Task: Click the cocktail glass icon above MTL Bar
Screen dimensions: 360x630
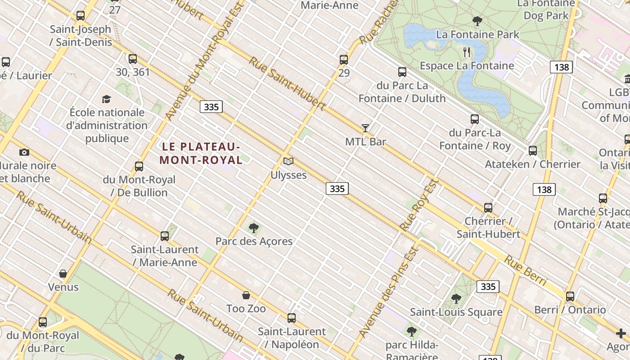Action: coord(365,128)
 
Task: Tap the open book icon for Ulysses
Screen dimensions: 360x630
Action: coord(288,161)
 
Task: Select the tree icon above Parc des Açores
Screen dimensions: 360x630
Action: coord(254,228)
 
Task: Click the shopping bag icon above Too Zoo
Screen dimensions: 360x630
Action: coord(246,295)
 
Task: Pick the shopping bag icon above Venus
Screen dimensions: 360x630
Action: coord(63,274)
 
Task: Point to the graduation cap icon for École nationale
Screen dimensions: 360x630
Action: coord(106,99)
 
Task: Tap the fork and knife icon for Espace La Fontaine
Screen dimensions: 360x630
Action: coord(467,52)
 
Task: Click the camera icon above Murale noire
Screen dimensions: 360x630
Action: coord(24,152)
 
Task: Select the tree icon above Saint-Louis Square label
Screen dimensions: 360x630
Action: coord(456,298)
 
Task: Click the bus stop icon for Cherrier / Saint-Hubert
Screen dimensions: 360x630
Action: coord(488,207)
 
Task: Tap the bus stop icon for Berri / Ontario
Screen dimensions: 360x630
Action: coord(570,296)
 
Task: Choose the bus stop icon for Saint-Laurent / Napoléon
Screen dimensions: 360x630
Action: coord(292,318)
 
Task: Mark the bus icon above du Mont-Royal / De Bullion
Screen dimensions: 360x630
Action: coord(139,166)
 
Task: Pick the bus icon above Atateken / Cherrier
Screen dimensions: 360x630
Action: coord(533,150)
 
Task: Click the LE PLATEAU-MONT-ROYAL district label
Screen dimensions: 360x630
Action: coord(201,153)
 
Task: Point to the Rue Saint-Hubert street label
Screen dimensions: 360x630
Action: coord(287,83)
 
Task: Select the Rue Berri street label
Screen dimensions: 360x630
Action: coord(525,270)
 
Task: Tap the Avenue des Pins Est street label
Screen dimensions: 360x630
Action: coord(389,292)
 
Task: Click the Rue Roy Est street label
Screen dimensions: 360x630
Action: coord(419,205)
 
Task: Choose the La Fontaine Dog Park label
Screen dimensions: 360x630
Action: coord(546,10)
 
